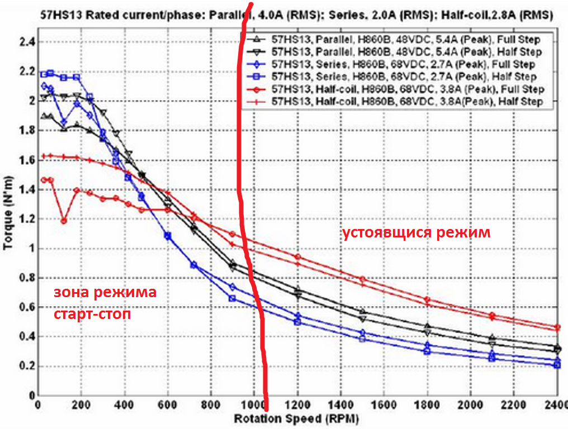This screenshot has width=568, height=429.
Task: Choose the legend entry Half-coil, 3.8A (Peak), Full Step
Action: coord(408,89)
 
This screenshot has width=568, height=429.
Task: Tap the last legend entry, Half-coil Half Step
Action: coord(407,101)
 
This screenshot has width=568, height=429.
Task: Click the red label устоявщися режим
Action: coord(416,233)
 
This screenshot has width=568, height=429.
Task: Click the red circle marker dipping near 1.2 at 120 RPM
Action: coord(64,221)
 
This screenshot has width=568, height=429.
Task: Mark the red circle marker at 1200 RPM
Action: coord(297,257)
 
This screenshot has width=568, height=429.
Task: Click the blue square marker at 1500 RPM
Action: coord(362,339)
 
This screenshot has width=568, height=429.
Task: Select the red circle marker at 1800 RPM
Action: coord(427,299)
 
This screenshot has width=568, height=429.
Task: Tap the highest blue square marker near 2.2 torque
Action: coord(50,73)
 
